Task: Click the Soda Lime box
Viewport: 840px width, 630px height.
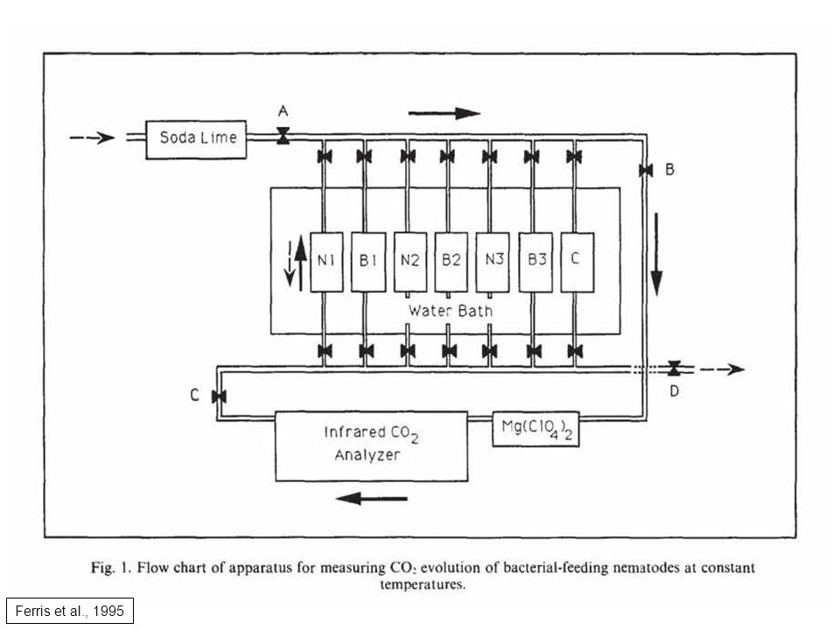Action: (196, 140)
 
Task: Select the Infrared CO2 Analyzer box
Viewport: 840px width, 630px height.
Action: (371, 446)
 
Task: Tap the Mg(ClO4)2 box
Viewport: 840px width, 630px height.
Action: (535, 429)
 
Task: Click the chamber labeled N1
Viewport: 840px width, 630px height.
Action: (326, 262)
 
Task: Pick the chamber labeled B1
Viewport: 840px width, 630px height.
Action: (368, 262)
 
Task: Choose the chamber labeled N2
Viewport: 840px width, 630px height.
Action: (410, 262)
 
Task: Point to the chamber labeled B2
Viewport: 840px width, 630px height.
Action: (451, 262)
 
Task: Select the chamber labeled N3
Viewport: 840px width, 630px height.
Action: (493, 262)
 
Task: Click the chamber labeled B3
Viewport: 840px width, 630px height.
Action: (535, 262)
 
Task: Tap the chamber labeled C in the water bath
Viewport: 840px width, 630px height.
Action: (577, 262)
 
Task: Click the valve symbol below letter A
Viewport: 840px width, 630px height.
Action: (283, 136)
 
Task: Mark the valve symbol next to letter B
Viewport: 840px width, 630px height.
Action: (646, 171)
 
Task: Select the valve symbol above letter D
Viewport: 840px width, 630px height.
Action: (674, 368)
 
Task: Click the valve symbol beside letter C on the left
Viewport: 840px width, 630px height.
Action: (219, 396)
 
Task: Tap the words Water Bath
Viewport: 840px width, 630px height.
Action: (450, 311)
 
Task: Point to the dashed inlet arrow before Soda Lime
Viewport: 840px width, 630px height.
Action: (92, 137)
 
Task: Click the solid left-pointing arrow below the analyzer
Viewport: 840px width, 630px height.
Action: (372, 499)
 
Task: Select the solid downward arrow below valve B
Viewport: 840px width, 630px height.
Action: (656, 254)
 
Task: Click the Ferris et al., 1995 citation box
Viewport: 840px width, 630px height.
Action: (70, 611)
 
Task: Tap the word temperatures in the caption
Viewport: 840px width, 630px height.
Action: (423, 584)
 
